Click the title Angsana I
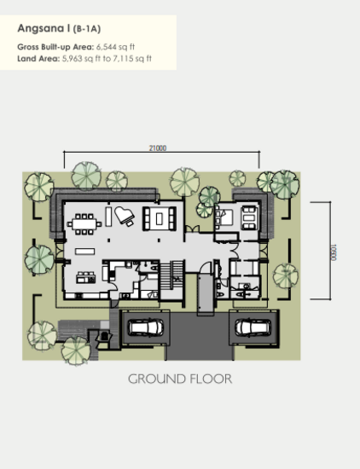pyautogui.click(x=44, y=28)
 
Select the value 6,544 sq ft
pyautogui.click(x=115, y=47)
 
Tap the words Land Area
pyautogui.click(x=38, y=58)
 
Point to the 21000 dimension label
pyautogui.click(x=158, y=148)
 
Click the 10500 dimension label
pyautogui.click(x=334, y=252)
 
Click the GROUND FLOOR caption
pyautogui.click(x=180, y=379)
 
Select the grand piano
pyautogui.click(x=125, y=216)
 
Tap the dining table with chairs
pyautogui.click(x=84, y=223)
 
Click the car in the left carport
pyautogui.click(x=146, y=327)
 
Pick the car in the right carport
pyautogui.click(x=253, y=327)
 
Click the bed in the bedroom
pyautogui.click(x=224, y=217)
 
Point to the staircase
pyautogui.click(x=171, y=275)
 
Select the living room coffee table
pyautogui.click(x=160, y=219)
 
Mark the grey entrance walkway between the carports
pyautogui.click(x=206, y=294)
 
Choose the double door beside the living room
pyautogui.click(x=192, y=229)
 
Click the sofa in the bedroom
pyautogui.click(x=249, y=217)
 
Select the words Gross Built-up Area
pyautogui.click(x=55, y=47)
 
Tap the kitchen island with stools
pyautogui.click(x=86, y=278)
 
